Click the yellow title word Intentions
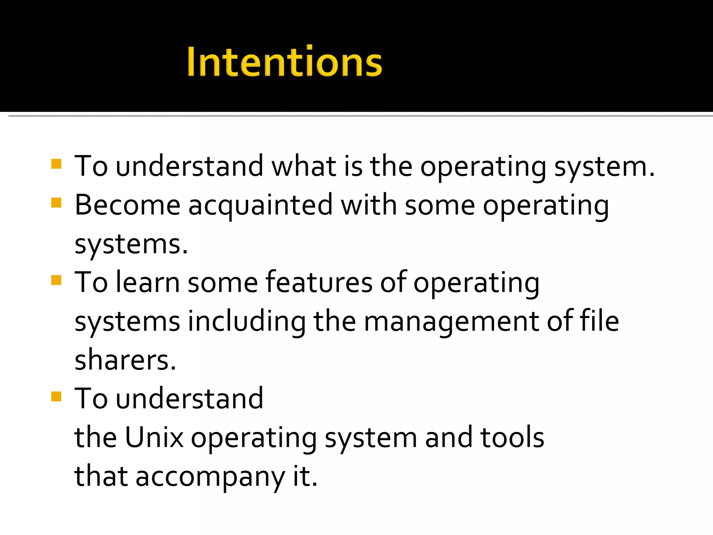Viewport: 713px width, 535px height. tap(284, 61)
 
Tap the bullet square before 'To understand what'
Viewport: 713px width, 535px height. tap(56, 164)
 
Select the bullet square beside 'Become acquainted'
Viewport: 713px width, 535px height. tap(56, 203)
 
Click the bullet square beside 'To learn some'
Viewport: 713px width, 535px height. tap(56, 280)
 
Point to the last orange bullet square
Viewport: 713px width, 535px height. tap(56, 396)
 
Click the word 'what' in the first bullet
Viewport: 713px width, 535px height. tap(304, 166)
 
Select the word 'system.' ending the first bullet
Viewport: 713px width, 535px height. tap(604, 167)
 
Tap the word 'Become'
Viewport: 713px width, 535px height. tap(127, 205)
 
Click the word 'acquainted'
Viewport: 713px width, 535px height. tap(260, 206)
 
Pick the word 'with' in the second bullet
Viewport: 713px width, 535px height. tap(369, 205)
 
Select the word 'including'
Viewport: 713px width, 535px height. tap(247, 322)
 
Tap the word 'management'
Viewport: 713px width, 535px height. tap(451, 322)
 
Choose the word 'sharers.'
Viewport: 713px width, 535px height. tap(125, 360)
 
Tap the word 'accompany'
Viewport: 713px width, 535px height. tap(210, 477)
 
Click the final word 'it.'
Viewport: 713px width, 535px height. tap(305, 476)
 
